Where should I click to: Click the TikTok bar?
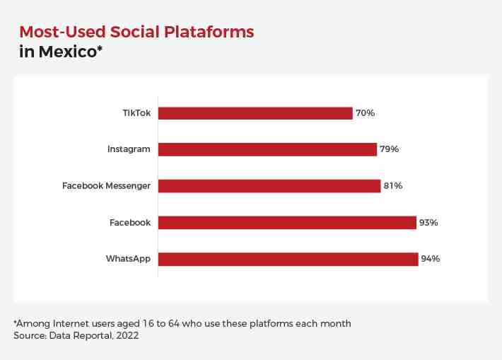click(x=255, y=113)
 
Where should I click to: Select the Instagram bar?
click(x=268, y=149)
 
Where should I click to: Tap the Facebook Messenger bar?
click(x=269, y=186)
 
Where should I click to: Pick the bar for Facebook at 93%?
click(x=288, y=223)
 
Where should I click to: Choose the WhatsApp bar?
click(x=288, y=259)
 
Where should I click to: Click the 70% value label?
click(x=366, y=113)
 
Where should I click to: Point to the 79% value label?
click(x=390, y=149)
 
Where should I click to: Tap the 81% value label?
click(x=393, y=186)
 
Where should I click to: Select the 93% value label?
click(x=428, y=223)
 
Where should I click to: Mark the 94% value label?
click(x=431, y=259)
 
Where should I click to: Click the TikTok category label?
click(x=136, y=113)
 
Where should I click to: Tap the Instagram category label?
click(x=129, y=149)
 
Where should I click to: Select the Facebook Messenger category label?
click(x=106, y=186)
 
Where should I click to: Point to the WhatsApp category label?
click(x=129, y=259)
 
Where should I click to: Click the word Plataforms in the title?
click(x=209, y=32)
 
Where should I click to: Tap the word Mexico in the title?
click(x=68, y=52)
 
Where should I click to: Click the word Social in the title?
click(x=135, y=32)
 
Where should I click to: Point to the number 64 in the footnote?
click(x=174, y=323)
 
